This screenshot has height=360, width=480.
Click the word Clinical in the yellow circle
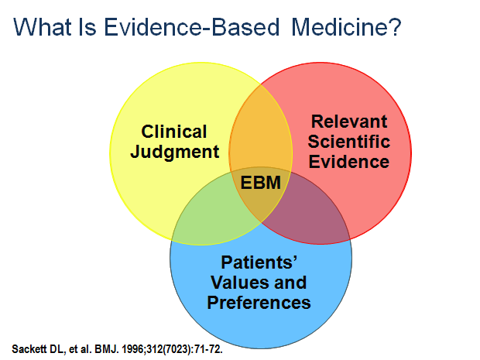(174, 132)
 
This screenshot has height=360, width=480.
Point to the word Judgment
(175, 151)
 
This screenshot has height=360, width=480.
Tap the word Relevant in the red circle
(348, 122)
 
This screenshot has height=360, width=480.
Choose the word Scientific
(348, 142)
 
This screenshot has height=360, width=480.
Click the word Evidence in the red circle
(348, 162)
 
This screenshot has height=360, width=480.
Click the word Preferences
(259, 302)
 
